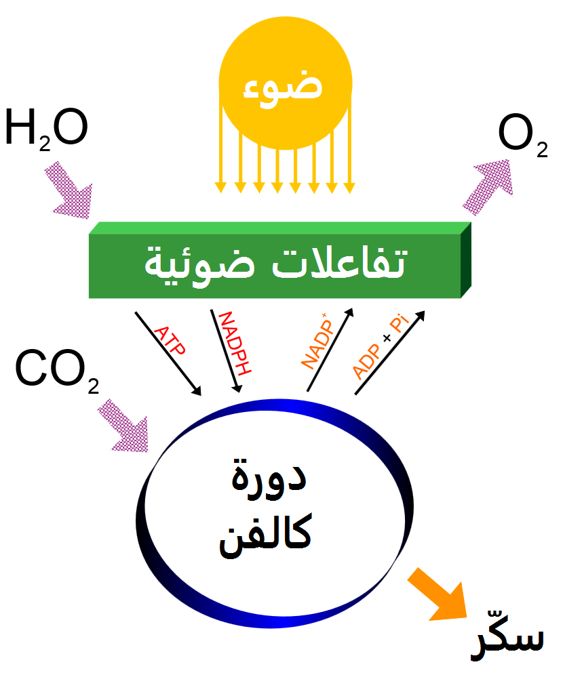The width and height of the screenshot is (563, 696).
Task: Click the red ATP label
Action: click(x=170, y=343)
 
